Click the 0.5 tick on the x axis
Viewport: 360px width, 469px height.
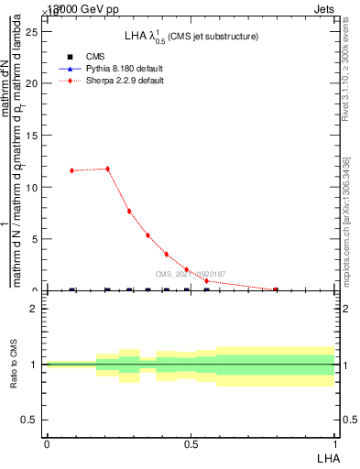[x=191, y=444]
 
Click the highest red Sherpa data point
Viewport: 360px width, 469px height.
[x=107, y=169]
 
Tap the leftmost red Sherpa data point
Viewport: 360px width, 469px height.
[x=71, y=170]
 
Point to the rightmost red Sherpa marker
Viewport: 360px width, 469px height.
[x=276, y=289]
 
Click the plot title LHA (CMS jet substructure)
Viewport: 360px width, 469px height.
[x=191, y=36]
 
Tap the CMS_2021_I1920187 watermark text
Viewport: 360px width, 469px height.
[x=191, y=274]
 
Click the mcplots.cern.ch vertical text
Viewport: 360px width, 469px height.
[x=346, y=220]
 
